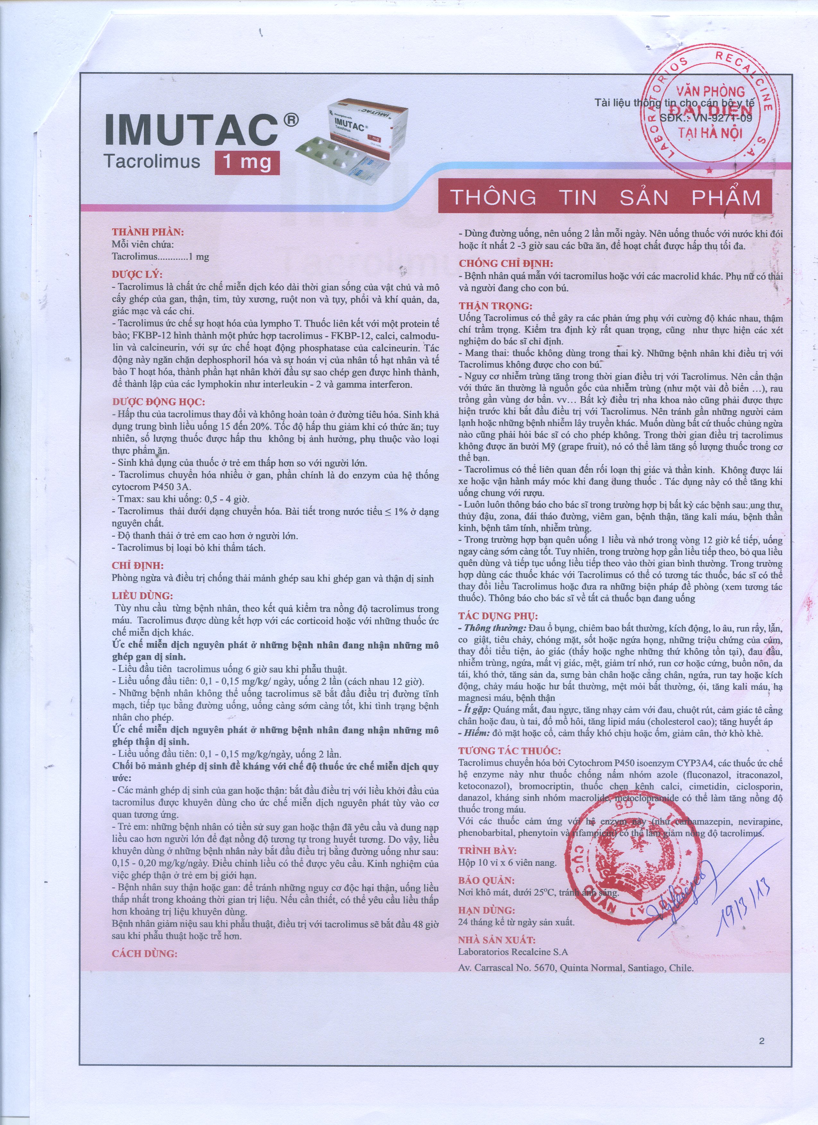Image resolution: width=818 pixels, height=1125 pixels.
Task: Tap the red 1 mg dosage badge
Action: tap(247, 162)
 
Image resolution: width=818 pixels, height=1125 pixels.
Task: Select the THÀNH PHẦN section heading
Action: tap(148, 232)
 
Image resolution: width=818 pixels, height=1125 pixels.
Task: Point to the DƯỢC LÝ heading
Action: tap(137, 274)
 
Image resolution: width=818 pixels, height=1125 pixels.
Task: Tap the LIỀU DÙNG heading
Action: tap(142, 596)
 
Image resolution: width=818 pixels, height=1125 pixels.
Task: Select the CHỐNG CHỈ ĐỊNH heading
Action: tap(505, 264)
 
